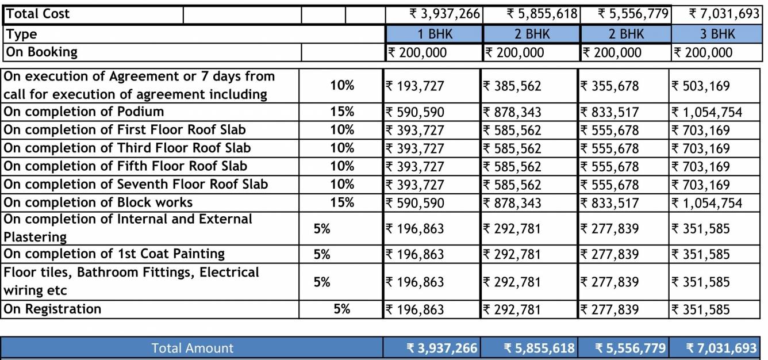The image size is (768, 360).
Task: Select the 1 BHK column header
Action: point(434,34)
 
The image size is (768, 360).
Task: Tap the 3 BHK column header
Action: point(716,34)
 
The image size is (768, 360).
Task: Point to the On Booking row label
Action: point(41,52)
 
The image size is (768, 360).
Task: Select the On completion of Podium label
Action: point(84,112)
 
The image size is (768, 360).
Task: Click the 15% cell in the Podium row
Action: point(342,112)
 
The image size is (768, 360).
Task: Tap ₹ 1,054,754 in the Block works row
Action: point(707,203)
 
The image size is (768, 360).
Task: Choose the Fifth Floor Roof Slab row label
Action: point(126,166)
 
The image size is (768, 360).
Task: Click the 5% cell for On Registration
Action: point(342,309)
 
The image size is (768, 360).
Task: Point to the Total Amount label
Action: point(192,348)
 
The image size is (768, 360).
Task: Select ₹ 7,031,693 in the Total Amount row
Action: point(722,348)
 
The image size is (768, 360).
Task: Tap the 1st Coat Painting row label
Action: point(114,254)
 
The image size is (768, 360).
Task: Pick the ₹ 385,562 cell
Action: point(512,86)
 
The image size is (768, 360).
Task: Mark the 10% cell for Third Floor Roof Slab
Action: point(342,148)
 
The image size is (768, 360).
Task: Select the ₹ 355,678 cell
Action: point(610,86)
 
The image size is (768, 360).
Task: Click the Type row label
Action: point(22,34)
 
